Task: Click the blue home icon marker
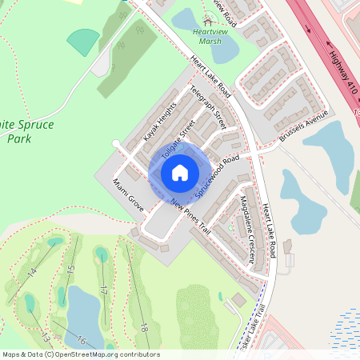(x=180, y=172)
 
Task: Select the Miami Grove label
(x=129, y=194)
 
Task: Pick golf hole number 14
(x=31, y=272)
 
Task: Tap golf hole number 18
(x=144, y=326)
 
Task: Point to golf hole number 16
(x=81, y=340)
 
